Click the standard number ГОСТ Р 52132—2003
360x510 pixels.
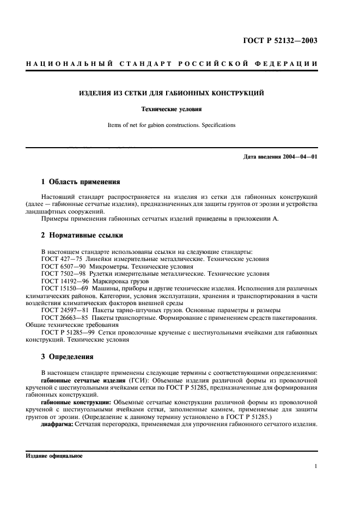coord(288,41)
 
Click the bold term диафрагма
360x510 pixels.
coord(57,424)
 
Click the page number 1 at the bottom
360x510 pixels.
coord(316,466)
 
